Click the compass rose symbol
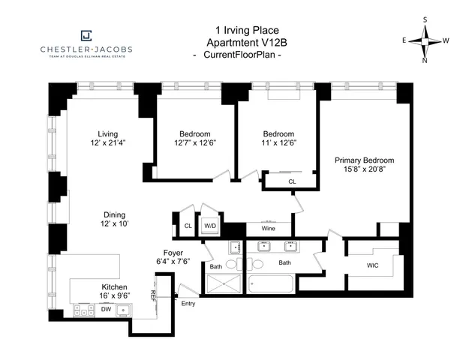[x=425, y=40]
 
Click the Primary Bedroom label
[x=364, y=160]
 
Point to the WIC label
[x=373, y=265]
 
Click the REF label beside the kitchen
[x=154, y=295]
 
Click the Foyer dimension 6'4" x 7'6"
[x=173, y=262]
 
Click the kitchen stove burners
[x=83, y=309]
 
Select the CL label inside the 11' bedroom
[x=292, y=181]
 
